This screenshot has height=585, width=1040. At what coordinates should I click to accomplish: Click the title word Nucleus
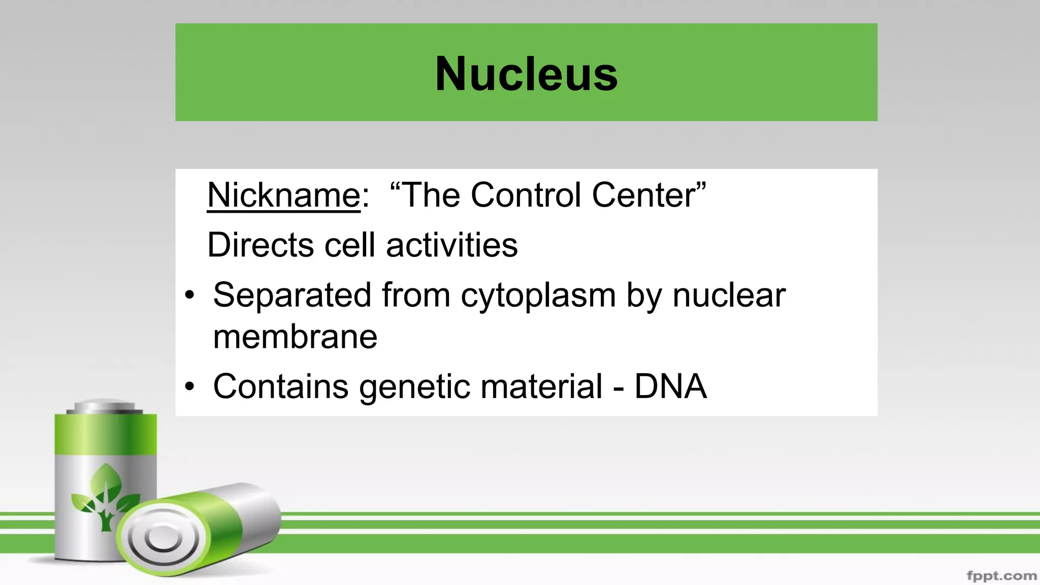click(526, 74)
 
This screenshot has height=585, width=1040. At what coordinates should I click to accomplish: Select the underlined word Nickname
click(283, 195)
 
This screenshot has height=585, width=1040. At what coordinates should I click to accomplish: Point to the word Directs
click(261, 245)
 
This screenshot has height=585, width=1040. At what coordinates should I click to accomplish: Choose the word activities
click(451, 245)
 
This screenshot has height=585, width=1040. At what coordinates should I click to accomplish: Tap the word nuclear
click(729, 295)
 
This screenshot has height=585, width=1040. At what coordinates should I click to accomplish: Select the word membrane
click(295, 337)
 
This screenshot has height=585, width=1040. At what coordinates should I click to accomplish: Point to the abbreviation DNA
click(670, 386)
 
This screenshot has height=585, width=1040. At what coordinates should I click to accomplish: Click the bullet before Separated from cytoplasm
click(190, 296)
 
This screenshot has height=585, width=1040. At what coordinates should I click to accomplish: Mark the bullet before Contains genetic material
click(190, 387)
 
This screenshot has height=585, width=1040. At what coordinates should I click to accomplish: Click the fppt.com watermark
click(1001, 576)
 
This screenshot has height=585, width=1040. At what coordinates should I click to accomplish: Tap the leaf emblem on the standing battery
click(106, 495)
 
